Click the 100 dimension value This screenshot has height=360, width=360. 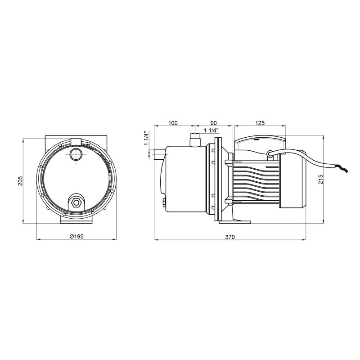tap(173, 123)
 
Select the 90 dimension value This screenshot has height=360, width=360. tap(213, 123)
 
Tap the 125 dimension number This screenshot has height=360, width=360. tap(260, 123)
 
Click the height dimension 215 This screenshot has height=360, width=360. tap(333, 179)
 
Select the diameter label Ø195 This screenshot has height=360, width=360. tap(76, 237)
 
